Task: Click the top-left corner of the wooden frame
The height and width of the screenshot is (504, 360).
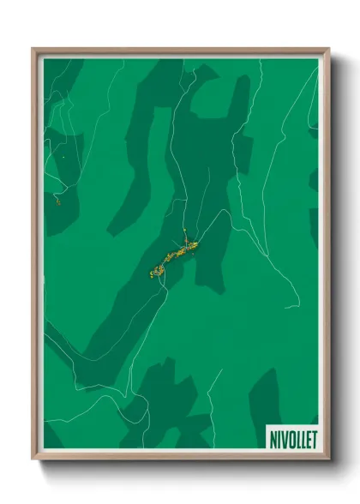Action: tap(33, 49)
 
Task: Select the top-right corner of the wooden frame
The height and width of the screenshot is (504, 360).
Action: tap(329, 49)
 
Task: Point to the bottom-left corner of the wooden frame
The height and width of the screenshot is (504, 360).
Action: tap(33, 459)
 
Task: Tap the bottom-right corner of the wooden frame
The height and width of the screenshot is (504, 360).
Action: tap(329, 459)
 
